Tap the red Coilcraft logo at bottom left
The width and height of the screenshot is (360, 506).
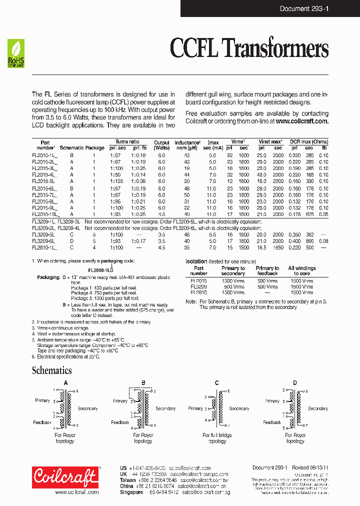[x=65, y=477]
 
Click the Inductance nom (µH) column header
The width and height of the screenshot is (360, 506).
[x=187, y=145]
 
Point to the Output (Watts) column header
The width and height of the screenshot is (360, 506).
[x=161, y=145]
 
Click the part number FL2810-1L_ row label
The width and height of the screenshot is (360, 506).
[x=44, y=247]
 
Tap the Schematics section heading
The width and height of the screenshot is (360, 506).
[x=51, y=370]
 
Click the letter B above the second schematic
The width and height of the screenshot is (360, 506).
[x=143, y=383]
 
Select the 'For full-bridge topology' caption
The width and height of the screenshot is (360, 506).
[x=217, y=438]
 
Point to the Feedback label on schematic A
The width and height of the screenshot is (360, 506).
[x=42, y=422]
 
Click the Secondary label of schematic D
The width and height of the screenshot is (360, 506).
[x=317, y=408]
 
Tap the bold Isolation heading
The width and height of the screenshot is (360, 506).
[x=196, y=261]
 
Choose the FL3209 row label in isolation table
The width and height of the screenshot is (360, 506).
[x=198, y=287]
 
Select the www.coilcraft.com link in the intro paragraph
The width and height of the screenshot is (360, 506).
[x=302, y=121]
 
